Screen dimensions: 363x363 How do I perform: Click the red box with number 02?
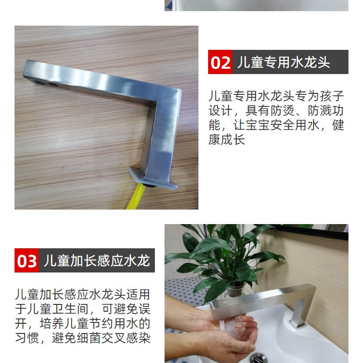220,62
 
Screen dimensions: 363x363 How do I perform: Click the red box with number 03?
27,260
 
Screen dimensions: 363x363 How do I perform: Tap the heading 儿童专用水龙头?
284,62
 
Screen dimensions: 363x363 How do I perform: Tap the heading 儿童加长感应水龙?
97,261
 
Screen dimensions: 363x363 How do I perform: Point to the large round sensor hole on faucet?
38,82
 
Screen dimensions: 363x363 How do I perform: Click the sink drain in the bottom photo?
258,358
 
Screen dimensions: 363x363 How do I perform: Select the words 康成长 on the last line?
227,140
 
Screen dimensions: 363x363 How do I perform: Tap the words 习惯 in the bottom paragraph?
27,338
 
